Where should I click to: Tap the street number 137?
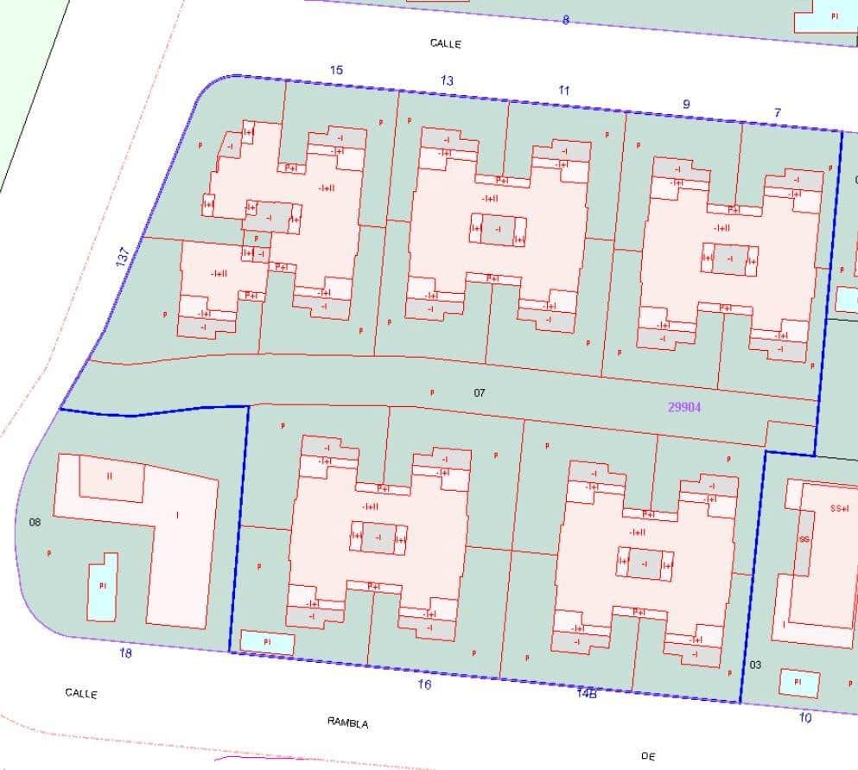click(123, 257)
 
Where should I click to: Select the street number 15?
click(336, 70)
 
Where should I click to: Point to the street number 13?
click(446, 80)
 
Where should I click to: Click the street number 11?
click(564, 90)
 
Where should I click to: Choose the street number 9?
click(686, 104)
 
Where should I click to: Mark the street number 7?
click(778, 112)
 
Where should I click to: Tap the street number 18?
click(126, 653)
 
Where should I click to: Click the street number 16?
click(423, 684)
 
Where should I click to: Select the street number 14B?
click(586, 691)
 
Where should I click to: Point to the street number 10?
click(805, 717)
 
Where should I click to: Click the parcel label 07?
click(480, 393)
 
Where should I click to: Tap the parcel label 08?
click(35, 522)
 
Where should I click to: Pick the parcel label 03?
click(756, 664)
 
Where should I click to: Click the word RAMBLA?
click(347, 722)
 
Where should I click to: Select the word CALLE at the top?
click(446, 43)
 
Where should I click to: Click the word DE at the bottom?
click(649, 756)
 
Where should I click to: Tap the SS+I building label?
click(839, 508)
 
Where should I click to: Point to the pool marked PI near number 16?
click(267, 643)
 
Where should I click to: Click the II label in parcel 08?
click(110, 475)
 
